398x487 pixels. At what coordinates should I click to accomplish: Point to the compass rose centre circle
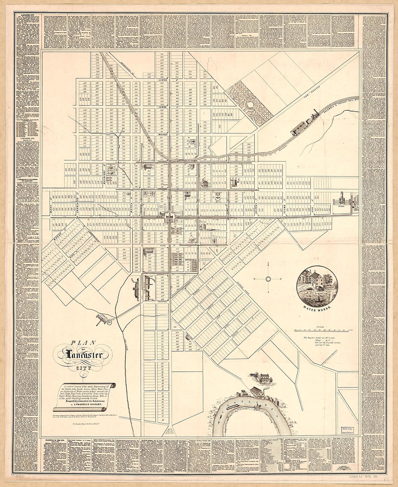(x=268, y=279)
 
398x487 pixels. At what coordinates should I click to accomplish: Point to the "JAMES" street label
(x=162, y=80)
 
